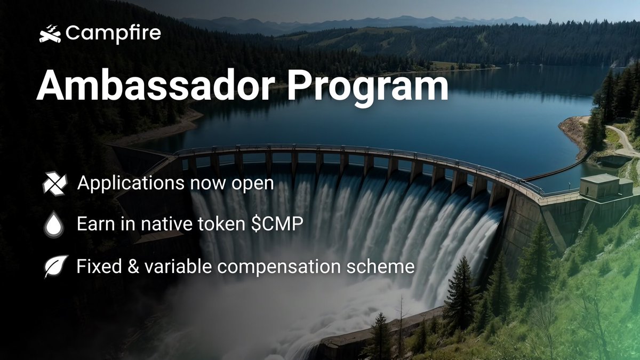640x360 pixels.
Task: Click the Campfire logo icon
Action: [x=50, y=34]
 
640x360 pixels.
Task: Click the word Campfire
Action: [x=113, y=34]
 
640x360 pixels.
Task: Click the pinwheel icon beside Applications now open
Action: [x=54, y=185]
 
